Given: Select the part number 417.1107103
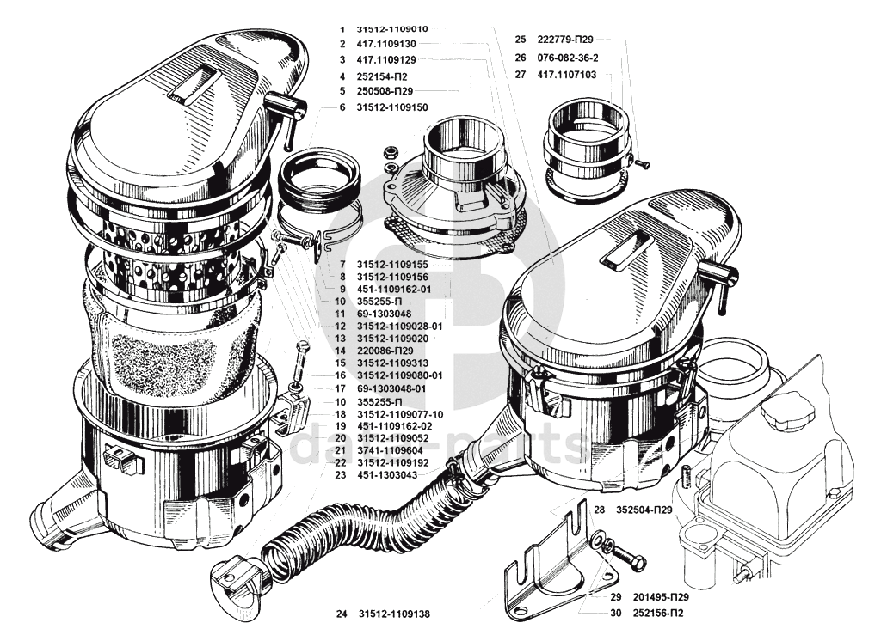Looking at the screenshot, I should [x=567, y=75].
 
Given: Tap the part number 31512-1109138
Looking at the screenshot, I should [x=393, y=614].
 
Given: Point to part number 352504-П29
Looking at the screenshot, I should [x=644, y=510].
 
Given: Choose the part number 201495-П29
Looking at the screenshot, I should [x=662, y=596].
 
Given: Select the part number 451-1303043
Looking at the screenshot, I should [x=388, y=474].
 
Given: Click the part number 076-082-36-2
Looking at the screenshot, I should [x=567, y=58].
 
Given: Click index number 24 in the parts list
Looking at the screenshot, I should [x=342, y=614].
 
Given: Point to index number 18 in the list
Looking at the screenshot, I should [x=341, y=414].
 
